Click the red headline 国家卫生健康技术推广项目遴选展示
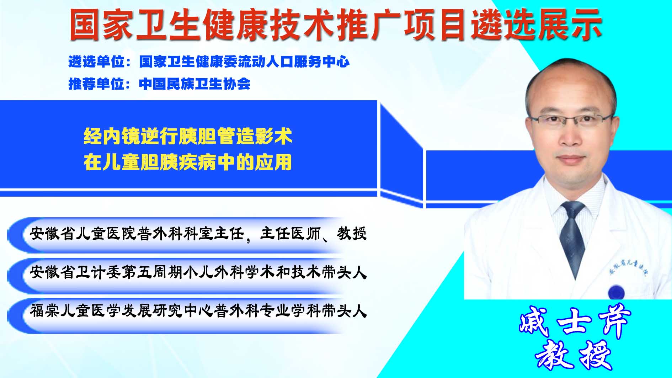(x=336, y=25)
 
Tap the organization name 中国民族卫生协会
(x=194, y=84)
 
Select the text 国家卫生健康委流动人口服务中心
(x=244, y=62)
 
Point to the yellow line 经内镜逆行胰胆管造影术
(x=188, y=136)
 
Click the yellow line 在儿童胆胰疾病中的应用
(x=188, y=162)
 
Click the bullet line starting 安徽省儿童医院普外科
(x=198, y=234)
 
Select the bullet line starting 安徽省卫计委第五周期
(x=198, y=272)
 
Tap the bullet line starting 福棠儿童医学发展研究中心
(x=198, y=311)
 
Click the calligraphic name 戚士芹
(x=574, y=322)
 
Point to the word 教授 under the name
(x=573, y=355)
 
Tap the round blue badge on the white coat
(x=616, y=293)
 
